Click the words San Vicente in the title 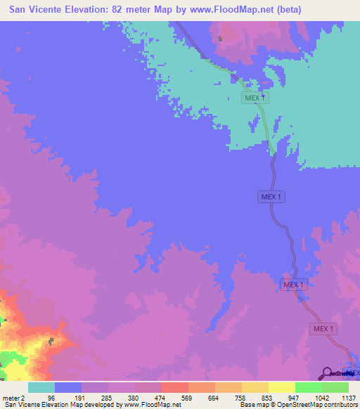(x=37, y=10)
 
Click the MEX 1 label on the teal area (x=255, y=98)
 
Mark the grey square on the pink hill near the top (x=220, y=39)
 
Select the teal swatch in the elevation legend (x=41, y=387)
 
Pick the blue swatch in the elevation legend (x=67, y=387)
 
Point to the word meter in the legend (x=10, y=398)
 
